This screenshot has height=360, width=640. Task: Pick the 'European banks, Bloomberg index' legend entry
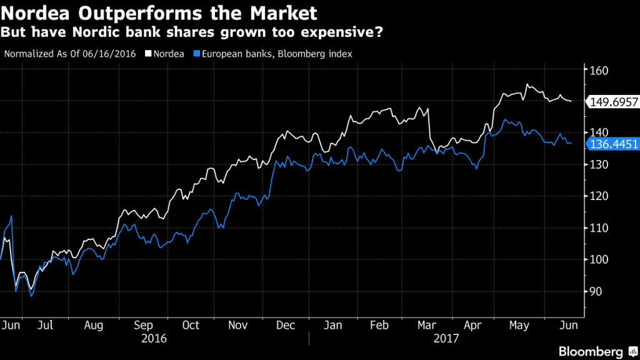pyautogui.click(x=275, y=54)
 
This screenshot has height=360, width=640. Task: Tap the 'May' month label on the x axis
pyautogui.click(x=520, y=326)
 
